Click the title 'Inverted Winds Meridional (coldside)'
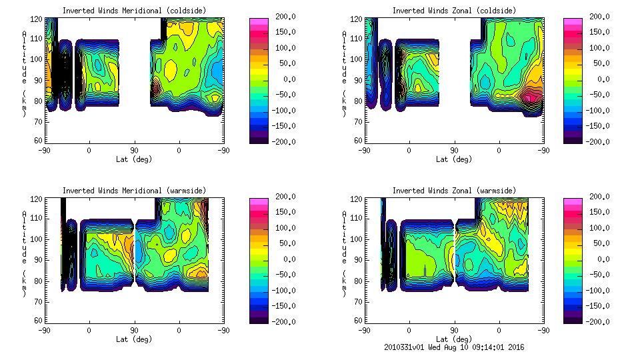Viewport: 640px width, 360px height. (134, 11)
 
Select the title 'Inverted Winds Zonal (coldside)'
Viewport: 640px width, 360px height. (454, 11)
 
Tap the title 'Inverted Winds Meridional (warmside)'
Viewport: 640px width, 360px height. (134, 191)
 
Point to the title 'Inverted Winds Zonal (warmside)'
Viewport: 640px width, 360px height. (454, 191)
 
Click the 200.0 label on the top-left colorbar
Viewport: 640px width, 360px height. (289, 17)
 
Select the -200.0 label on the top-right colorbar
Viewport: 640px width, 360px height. (603, 141)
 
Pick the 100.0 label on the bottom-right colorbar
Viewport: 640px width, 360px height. (603, 227)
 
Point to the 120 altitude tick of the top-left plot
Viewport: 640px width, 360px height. (38, 21)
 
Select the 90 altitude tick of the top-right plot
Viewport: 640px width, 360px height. (359, 81)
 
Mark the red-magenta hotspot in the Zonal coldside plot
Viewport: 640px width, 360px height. (531, 98)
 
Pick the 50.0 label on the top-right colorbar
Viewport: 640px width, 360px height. (604, 63)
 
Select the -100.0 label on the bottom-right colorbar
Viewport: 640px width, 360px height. (603, 290)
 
